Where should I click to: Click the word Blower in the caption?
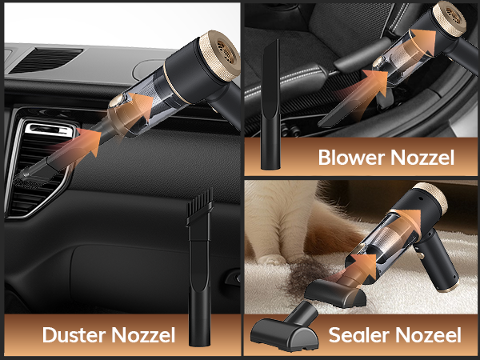350,156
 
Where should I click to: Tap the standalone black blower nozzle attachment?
270,112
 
